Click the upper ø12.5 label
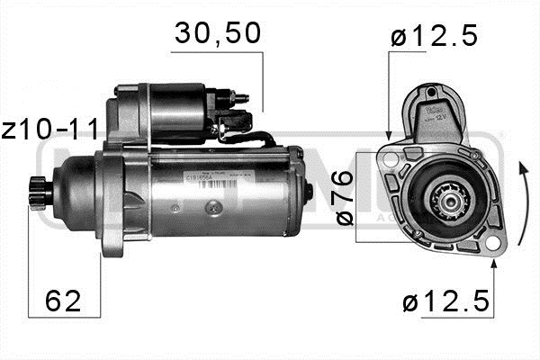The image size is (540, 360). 434,38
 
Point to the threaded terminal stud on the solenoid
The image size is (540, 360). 240,94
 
